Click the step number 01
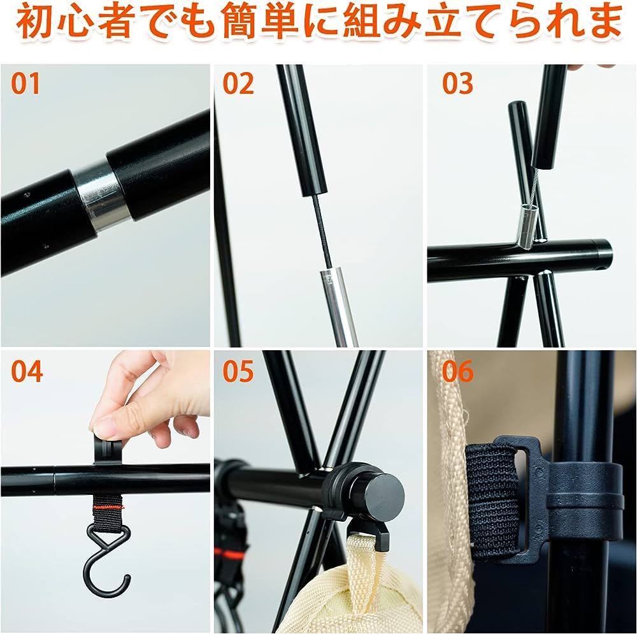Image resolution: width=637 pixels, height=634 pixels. [x=25, y=84]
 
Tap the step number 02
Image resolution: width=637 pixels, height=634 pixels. [x=238, y=84]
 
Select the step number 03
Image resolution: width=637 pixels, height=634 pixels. [x=457, y=84]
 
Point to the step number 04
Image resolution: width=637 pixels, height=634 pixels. [x=26, y=371]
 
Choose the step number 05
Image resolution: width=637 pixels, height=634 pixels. [x=238, y=371]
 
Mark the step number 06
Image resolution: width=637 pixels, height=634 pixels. [x=457, y=371]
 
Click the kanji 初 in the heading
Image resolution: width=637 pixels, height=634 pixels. [x=35, y=21]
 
